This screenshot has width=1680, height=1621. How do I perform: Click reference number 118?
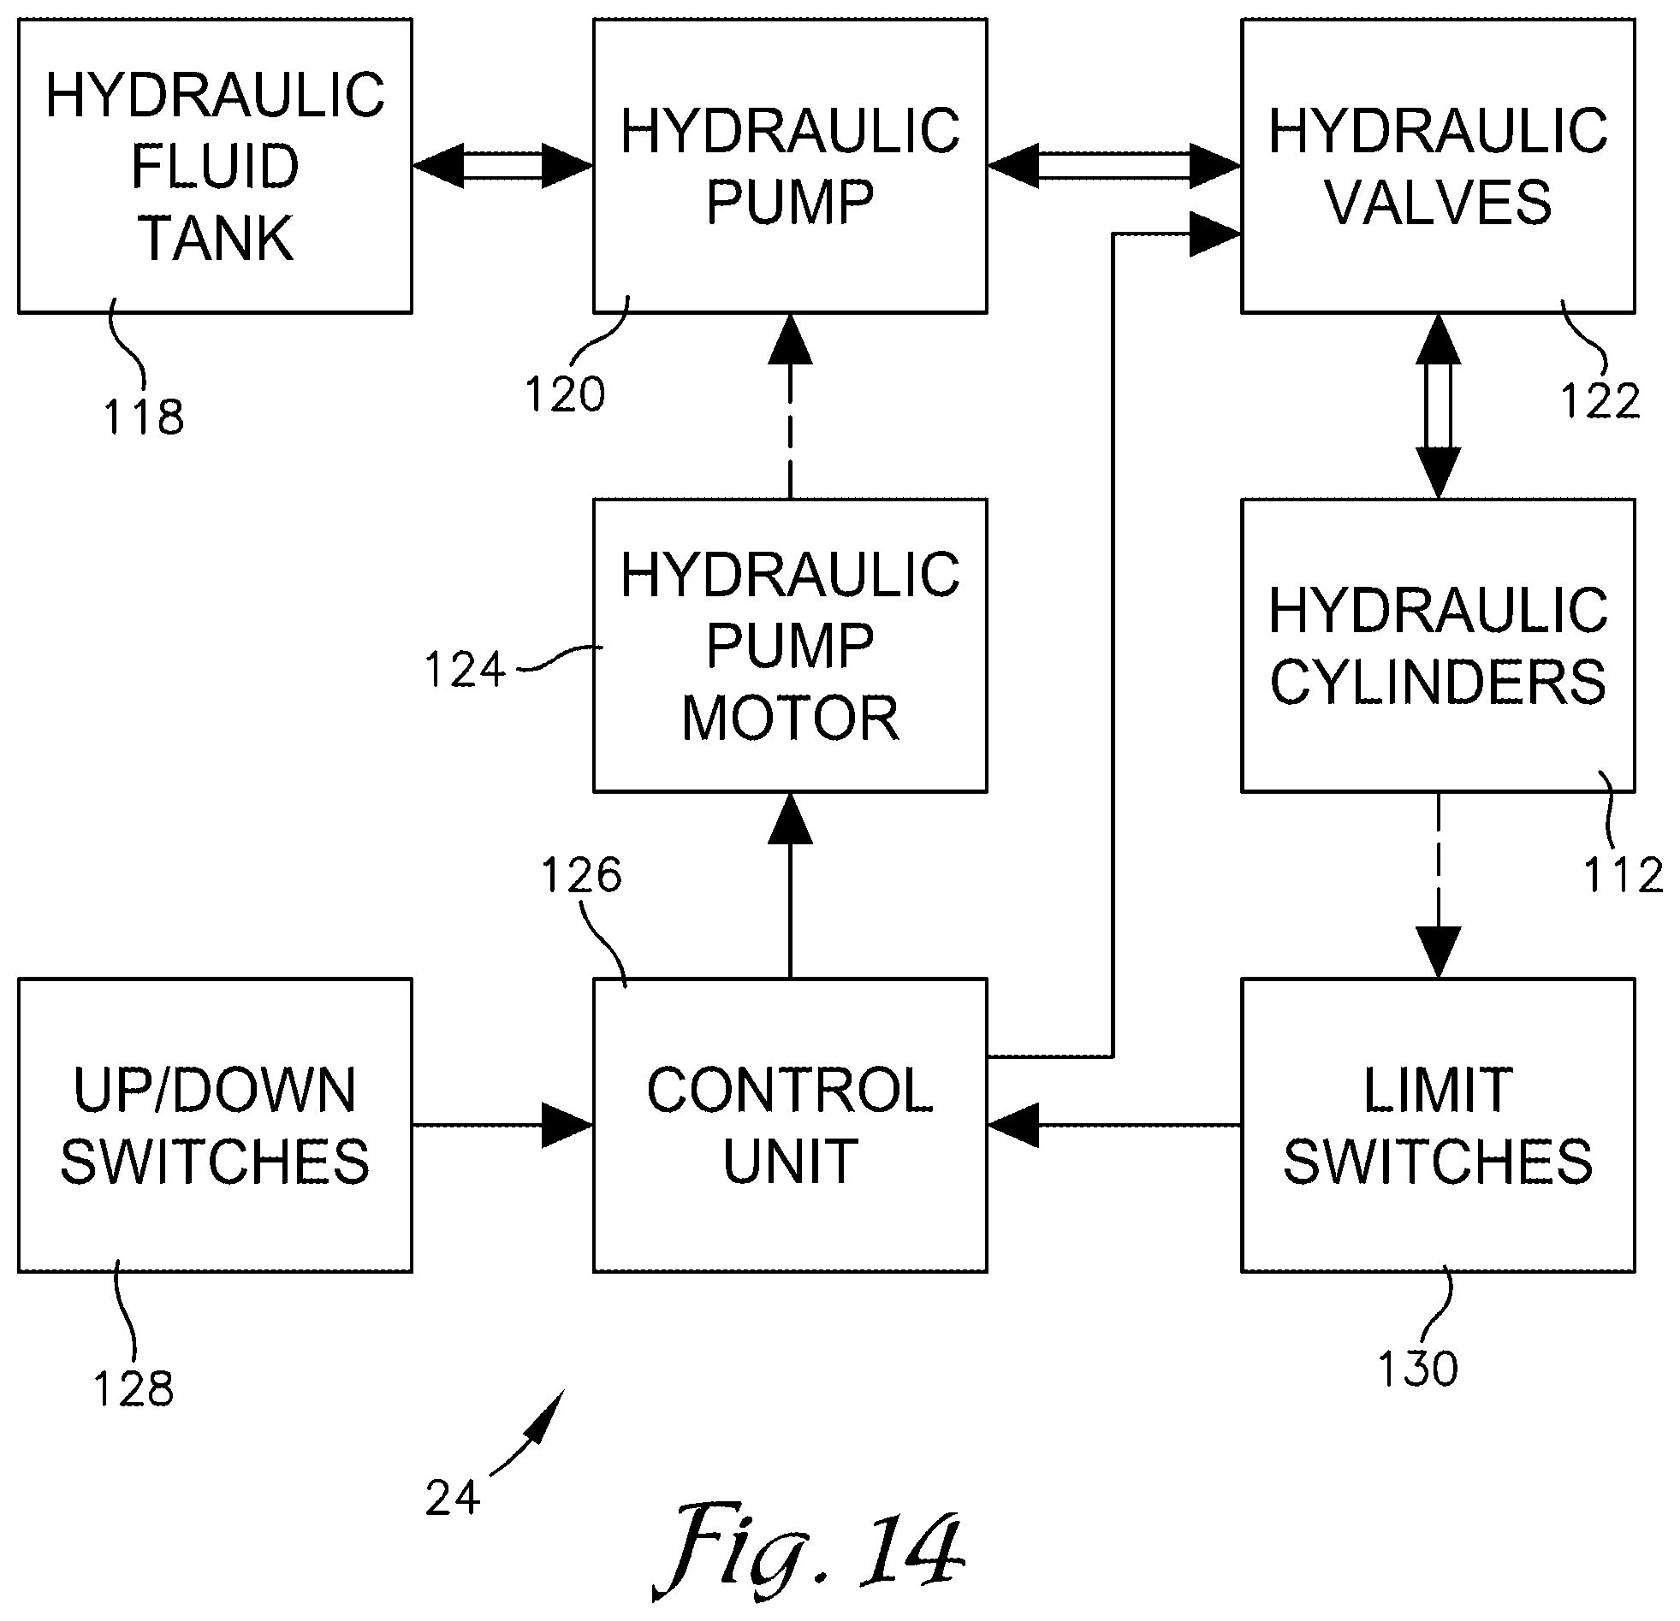144,417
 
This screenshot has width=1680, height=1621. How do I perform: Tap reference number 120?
565,395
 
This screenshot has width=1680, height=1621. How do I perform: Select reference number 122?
1600,400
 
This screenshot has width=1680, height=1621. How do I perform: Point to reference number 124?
466,670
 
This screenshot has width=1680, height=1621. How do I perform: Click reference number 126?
581,875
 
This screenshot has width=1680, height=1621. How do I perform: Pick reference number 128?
134,1389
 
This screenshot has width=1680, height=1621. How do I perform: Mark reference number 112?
1623,875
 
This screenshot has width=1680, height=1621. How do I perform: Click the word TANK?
216,238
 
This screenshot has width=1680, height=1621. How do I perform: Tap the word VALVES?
1439,203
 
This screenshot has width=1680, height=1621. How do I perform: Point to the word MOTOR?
790,718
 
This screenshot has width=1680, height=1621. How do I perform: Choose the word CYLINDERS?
1439,682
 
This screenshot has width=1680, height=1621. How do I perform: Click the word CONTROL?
790,1091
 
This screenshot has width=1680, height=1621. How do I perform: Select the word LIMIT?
1439,1091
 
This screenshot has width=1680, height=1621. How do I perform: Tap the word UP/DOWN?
215,1091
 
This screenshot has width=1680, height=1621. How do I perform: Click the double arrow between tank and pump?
503,166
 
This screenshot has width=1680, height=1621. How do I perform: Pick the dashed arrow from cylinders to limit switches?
1439,885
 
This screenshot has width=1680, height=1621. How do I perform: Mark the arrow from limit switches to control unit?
1114,1125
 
